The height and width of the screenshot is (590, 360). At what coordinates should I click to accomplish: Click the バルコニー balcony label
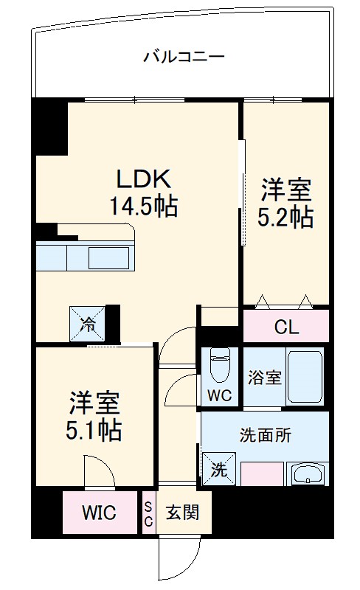click(184, 56)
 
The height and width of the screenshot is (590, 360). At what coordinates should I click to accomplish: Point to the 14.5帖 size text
click(144, 206)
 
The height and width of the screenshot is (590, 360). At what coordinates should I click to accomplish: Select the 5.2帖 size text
click(285, 218)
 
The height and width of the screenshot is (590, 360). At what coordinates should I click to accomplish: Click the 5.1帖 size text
click(95, 429)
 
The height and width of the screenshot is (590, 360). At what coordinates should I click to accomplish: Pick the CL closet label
click(285, 327)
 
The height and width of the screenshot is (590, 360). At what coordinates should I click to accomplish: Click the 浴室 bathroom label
click(263, 378)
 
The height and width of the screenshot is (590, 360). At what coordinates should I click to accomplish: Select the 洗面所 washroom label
click(266, 434)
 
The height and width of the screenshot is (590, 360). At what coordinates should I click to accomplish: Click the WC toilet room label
click(219, 395)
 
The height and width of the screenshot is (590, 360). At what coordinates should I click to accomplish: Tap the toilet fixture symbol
click(219, 363)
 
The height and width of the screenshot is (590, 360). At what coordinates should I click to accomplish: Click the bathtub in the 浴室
click(304, 376)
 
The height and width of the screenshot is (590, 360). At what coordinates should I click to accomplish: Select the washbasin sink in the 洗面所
click(308, 473)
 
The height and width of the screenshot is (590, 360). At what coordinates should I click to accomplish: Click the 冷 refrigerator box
click(87, 322)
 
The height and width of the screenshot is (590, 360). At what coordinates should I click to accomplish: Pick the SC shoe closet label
click(148, 513)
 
